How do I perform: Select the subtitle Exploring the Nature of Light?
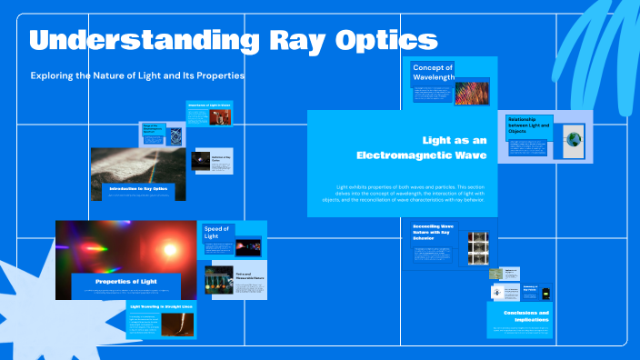(137, 75)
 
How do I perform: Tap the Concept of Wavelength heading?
(434, 73)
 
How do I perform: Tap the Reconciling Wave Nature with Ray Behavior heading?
(433, 231)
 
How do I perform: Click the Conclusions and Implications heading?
(521, 316)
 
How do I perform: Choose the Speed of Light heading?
(216, 232)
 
